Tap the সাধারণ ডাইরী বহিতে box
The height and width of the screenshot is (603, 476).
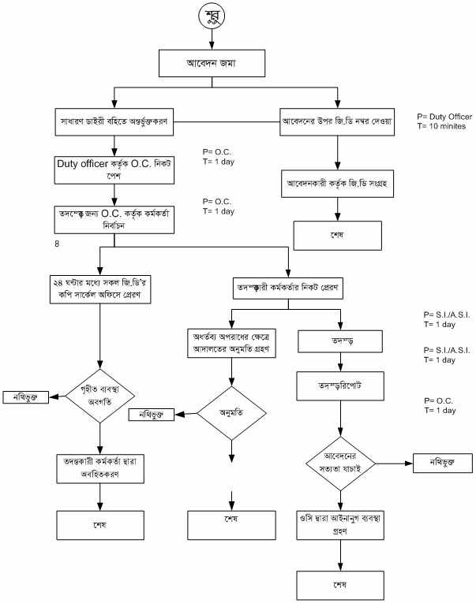point(114,123)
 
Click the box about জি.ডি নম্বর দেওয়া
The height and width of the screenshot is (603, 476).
point(337,123)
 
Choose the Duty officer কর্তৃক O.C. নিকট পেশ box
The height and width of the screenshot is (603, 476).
point(114,169)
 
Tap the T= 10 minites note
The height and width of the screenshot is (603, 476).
point(443,126)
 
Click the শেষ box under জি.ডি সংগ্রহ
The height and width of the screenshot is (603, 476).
point(338,235)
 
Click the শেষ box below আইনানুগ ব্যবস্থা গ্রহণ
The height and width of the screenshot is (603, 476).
point(340,586)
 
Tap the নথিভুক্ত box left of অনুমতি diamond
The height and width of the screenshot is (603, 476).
point(152,415)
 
